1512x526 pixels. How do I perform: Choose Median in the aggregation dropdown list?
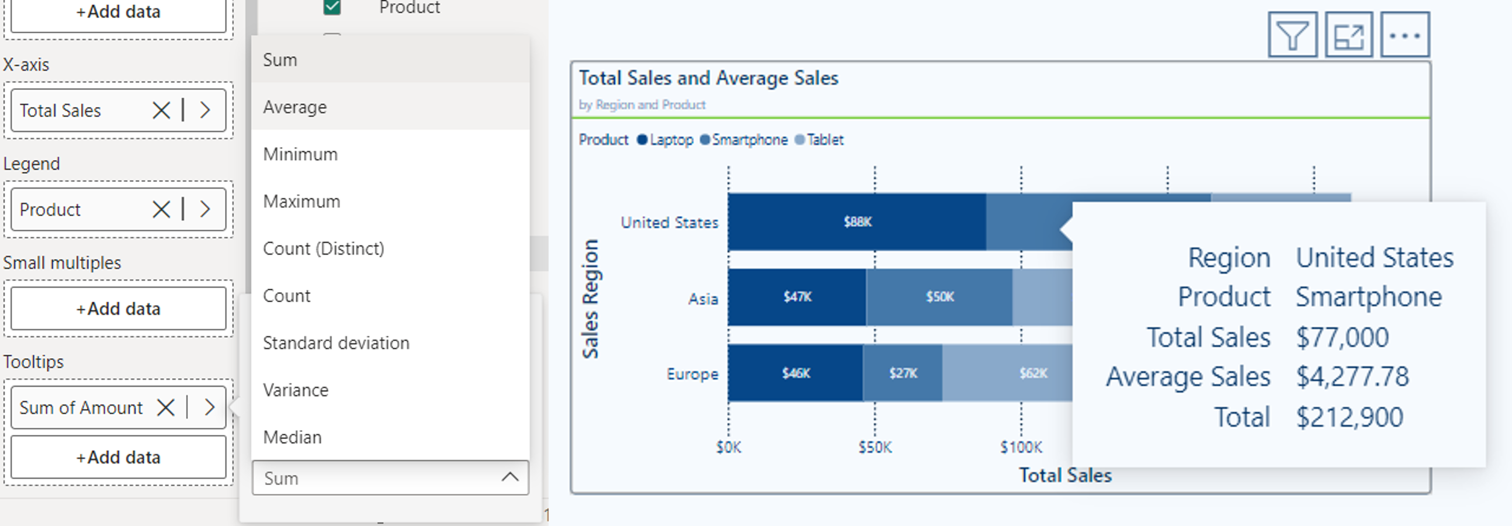292,437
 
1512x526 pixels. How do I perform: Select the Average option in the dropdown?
294,107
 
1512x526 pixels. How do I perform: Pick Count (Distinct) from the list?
323,248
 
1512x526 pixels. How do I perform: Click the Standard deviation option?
336,343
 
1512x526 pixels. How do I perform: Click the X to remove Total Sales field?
161,110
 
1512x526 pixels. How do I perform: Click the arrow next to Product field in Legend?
205,209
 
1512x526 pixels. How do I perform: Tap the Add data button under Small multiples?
118,308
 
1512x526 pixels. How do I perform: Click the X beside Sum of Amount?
166,407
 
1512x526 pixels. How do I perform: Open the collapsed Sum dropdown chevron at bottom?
509,477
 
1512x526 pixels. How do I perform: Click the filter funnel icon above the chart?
1292,35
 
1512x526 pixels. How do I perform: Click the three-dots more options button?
1404,35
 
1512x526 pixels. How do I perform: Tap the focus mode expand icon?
1348,35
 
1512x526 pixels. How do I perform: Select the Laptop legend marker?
642,140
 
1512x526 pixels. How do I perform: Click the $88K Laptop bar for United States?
857,222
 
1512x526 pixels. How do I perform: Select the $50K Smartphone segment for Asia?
939,297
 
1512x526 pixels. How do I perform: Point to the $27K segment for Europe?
902,373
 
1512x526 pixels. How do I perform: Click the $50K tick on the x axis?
875,447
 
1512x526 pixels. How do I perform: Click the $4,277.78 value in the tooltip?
1352,377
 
